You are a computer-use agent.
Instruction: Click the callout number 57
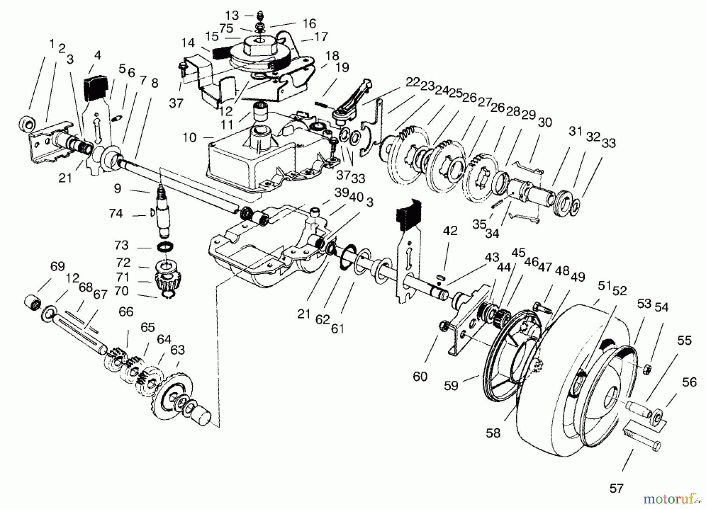[x=616, y=488]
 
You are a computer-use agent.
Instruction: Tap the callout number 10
[x=189, y=138]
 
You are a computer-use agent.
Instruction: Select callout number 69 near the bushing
[x=57, y=266]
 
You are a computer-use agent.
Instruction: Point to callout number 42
[x=450, y=231]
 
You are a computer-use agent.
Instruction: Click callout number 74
[x=116, y=214]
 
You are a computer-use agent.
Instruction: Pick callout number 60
[x=420, y=377]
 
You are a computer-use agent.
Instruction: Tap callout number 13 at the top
[x=232, y=16]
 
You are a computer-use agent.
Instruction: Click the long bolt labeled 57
[x=642, y=439]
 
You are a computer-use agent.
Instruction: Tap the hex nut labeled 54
[x=648, y=368]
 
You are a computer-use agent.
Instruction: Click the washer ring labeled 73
[x=166, y=248]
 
